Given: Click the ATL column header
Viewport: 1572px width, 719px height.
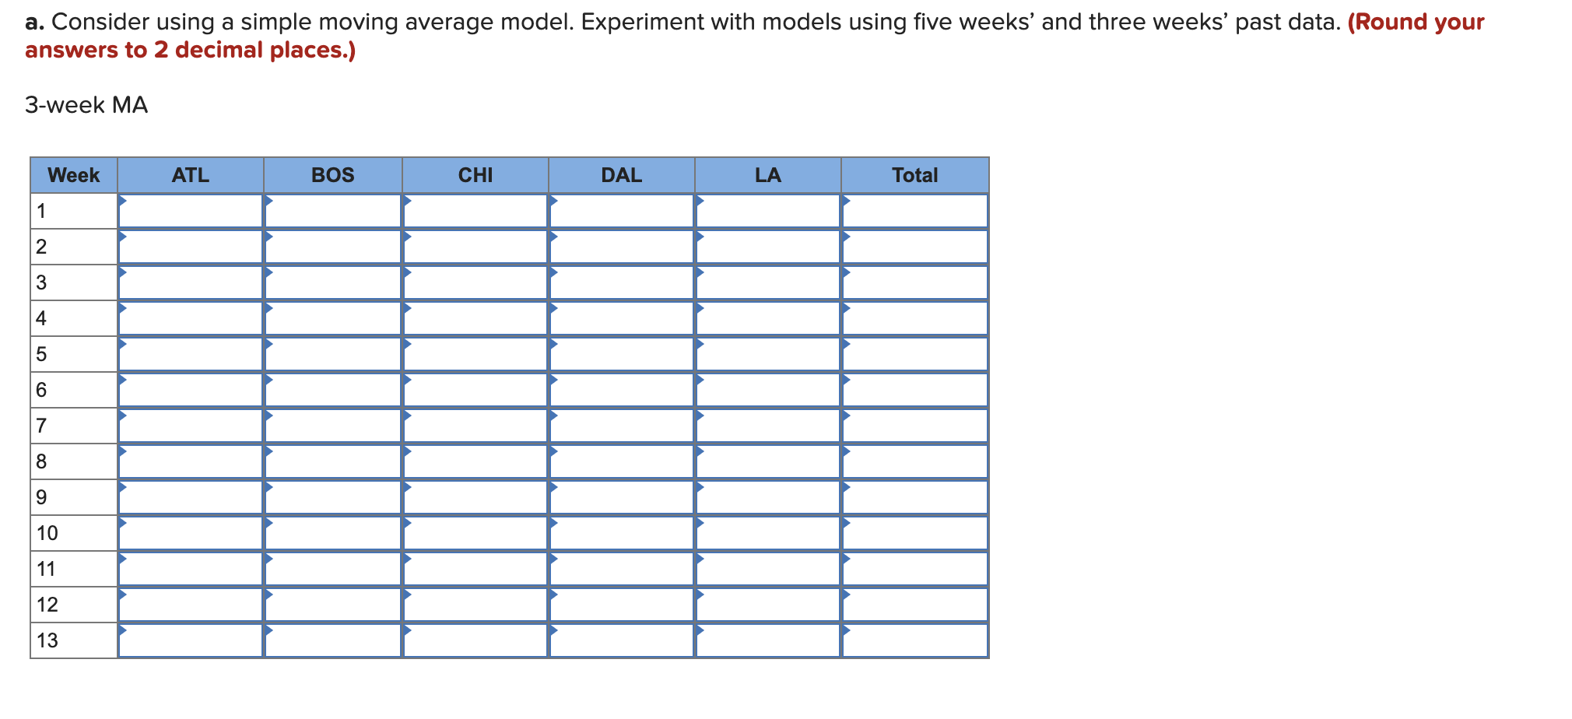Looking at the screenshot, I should (x=191, y=175).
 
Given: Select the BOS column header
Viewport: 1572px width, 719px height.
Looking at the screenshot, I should (x=332, y=175).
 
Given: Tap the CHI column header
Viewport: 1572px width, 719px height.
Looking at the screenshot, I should (x=475, y=175).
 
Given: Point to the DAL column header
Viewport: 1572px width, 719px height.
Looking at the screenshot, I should (x=621, y=175).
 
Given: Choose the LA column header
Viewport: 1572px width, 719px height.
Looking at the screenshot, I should (x=767, y=175).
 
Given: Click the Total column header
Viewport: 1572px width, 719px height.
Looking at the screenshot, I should (x=914, y=175).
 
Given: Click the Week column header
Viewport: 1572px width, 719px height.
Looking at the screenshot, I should (x=73, y=175).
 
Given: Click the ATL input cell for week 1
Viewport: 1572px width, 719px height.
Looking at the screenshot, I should (x=191, y=211).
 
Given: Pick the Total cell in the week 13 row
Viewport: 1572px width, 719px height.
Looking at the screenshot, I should (x=914, y=640).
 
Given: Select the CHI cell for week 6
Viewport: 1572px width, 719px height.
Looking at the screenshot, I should (x=475, y=390).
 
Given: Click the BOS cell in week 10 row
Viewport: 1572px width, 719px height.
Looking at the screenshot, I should (x=332, y=533).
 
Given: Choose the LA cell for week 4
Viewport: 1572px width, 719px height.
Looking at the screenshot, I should (x=767, y=318).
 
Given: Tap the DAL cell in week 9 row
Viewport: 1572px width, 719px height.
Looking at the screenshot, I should (x=621, y=497).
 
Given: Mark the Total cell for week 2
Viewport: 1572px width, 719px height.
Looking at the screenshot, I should (x=914, y=247).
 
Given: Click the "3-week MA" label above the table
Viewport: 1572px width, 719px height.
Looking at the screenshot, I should (x=86, y=105).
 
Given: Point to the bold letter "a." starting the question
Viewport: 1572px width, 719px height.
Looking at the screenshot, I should (x=34, y=22).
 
